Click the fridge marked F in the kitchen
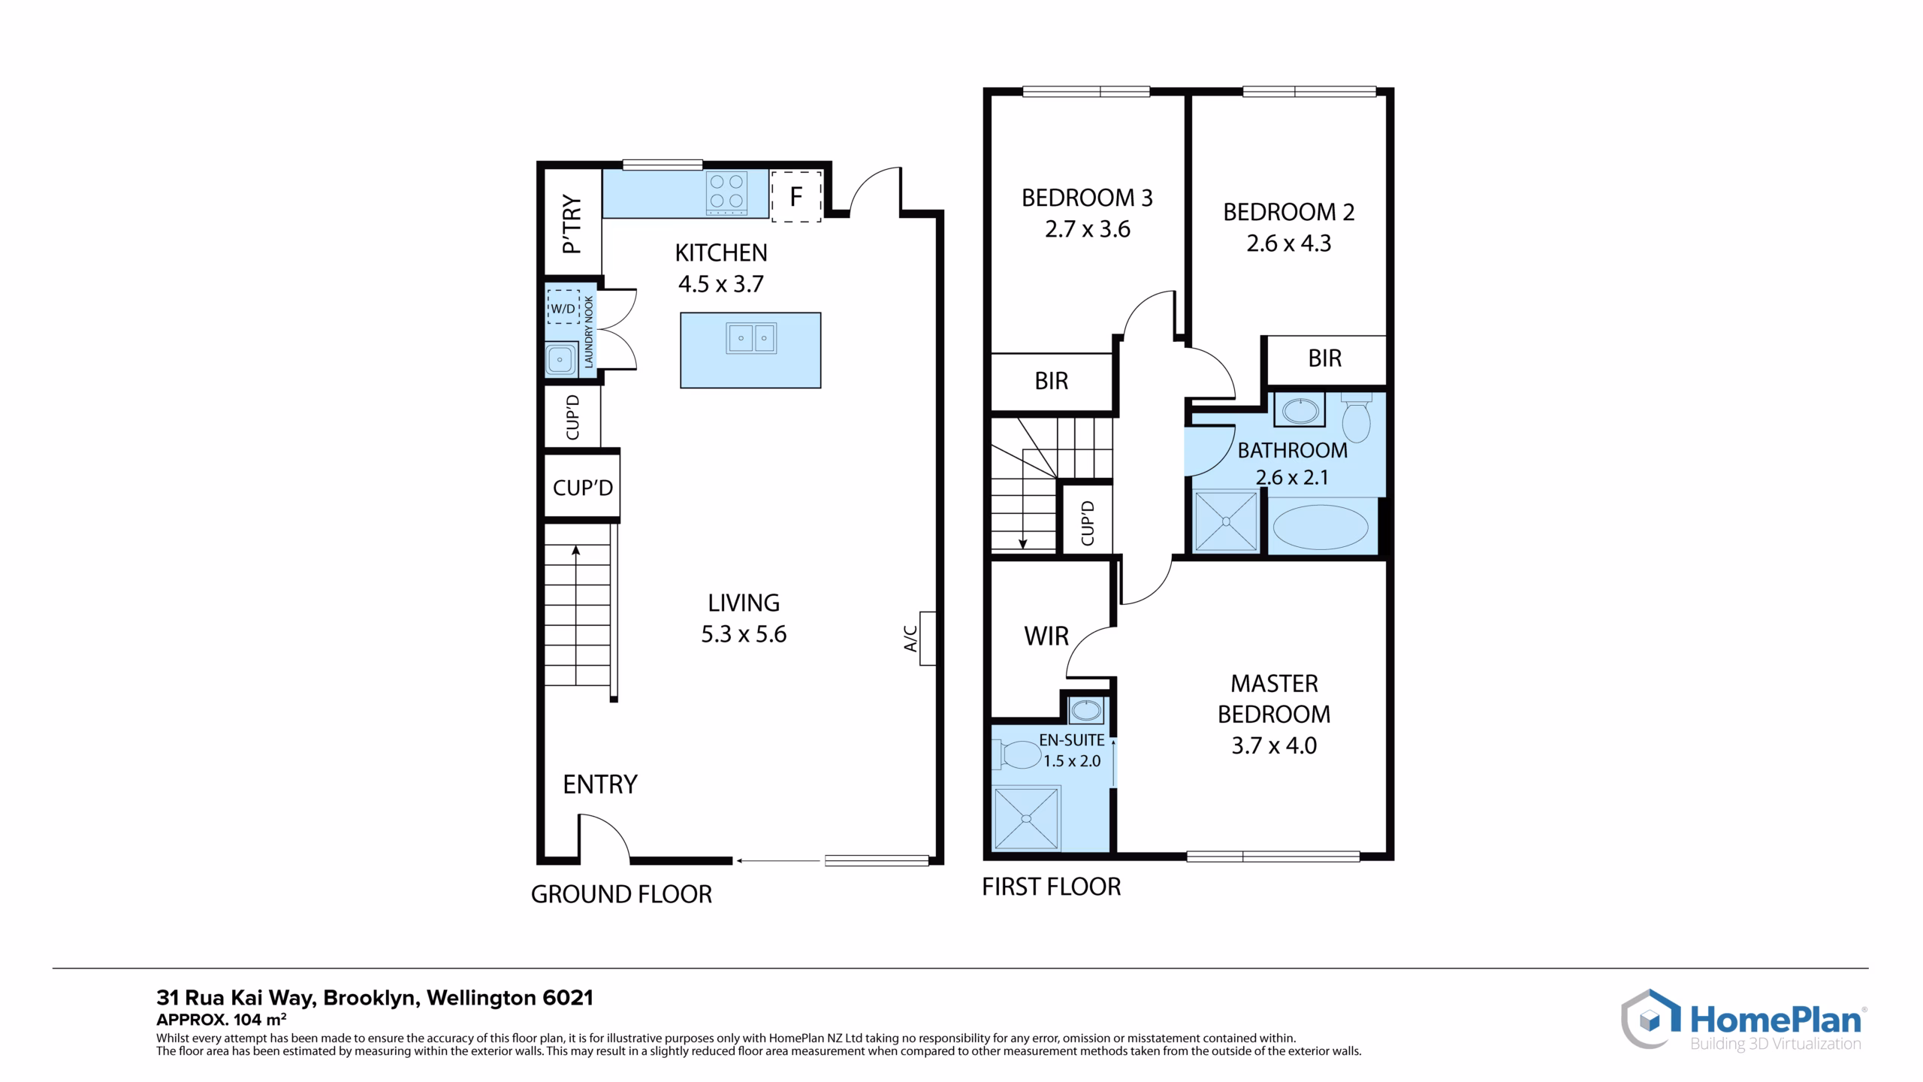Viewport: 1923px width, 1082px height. click(x=796, y=196)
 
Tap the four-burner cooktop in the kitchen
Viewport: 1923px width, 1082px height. click(x=727, y=192)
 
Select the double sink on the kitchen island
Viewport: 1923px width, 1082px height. click(x=751, y=338)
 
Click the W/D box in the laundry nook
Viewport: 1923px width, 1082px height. click(x=563, y=307)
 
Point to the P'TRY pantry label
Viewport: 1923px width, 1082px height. click(x=572, y=225)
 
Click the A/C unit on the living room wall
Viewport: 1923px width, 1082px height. click(x=928, y=639)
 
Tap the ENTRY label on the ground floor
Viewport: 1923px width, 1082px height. click(x=600, y=784)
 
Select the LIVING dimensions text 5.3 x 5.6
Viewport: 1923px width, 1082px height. click(x=744, y=634)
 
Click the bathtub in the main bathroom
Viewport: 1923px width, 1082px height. click(x=1321, y=527)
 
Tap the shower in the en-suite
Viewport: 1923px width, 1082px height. click(x=1026, y=818)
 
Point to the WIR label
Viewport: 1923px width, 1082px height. click(x=1046, y=636)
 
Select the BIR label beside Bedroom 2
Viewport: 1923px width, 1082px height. click(x=1324, y=358)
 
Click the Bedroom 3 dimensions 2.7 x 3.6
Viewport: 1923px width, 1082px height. click(x=1087, y=229)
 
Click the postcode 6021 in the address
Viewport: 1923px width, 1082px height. click(x=567, y=998)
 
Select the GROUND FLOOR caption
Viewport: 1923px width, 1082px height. click(x=621, y=894)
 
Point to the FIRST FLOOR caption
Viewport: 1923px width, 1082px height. click(x=1052, y=887)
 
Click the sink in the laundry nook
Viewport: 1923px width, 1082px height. click(x=560, y=360)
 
